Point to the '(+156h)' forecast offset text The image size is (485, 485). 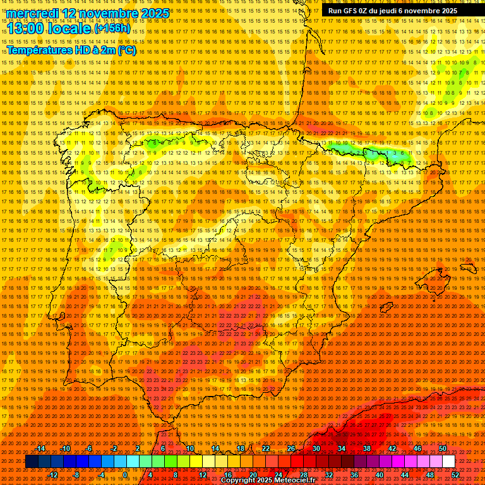pyautogui.click(x=112, y=29)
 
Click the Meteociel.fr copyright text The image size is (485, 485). pyautogui.click(x=268, y=481)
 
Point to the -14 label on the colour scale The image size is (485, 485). pyautogui.click(x=42, y=448)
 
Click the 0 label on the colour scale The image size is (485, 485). pyautogui.click(x=125, y=475)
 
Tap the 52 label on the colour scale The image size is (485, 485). pyautogui.click(x=455, y=475)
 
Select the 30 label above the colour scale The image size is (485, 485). pyautogui.click(x=316, y=448)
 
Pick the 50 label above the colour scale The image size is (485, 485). pyautogui.click(x=443, y=448)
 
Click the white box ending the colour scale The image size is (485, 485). pyautogui.click(x=448, y=462)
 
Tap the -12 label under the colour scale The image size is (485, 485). pyautogui.click(x=53, y=475)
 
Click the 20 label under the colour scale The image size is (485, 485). pyautogui.click(x=253, y=475)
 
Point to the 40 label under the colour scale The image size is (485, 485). pyautogui.click(x=379, y=475)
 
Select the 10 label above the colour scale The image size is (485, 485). pyautogui.click(x=189, y=448)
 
